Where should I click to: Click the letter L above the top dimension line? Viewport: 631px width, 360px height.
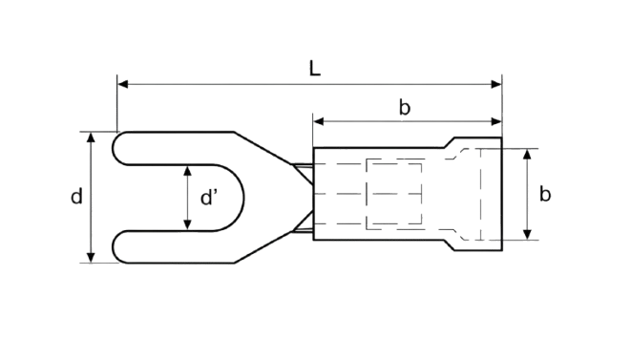(314, 68)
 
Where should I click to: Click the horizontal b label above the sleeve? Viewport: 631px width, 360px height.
(405, 108)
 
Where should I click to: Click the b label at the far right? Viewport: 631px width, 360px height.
(545, 194)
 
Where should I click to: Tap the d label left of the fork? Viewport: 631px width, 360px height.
(76, 197)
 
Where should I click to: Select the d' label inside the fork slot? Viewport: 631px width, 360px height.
(208, 198)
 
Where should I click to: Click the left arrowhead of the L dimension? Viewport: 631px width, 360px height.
(123, 84)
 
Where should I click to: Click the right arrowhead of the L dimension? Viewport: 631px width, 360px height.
(496, 84)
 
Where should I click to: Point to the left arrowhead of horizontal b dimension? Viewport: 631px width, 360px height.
(319, 121)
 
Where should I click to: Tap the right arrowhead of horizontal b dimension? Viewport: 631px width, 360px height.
(496, 121)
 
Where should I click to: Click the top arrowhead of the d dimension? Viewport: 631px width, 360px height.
(91, 138)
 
